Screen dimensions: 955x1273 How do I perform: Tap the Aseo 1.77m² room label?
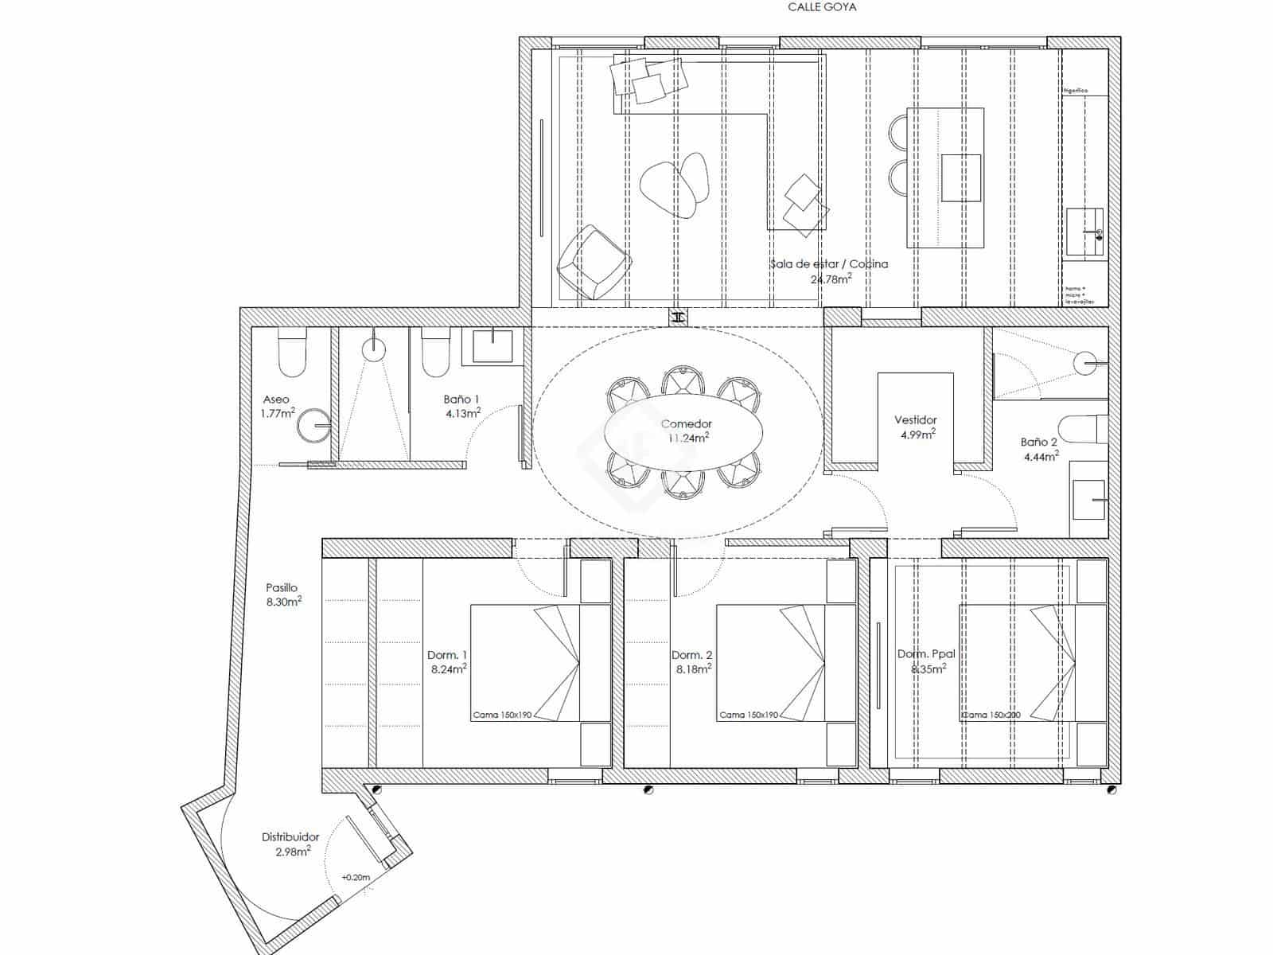coord(277,406)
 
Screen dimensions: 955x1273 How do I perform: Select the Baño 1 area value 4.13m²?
coord(463,413)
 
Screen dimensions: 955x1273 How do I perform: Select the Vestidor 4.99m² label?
coord(916,427)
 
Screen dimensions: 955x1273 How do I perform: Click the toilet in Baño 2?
coord(1083,430)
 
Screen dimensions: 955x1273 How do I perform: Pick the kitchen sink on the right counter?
coord(1086,232)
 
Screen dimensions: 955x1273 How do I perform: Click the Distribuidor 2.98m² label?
coord(290,844)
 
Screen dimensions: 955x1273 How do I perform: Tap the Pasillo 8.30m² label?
coord(282,594)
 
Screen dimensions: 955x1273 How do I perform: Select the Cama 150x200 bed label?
coord(991,715)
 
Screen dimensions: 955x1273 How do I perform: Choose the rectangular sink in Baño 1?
coord(492,346)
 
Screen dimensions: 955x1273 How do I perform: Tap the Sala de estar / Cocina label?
coord(828,263)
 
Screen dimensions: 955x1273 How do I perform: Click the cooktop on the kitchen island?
coord(960,177)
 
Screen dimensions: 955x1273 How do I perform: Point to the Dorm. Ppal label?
coord(926,654)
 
